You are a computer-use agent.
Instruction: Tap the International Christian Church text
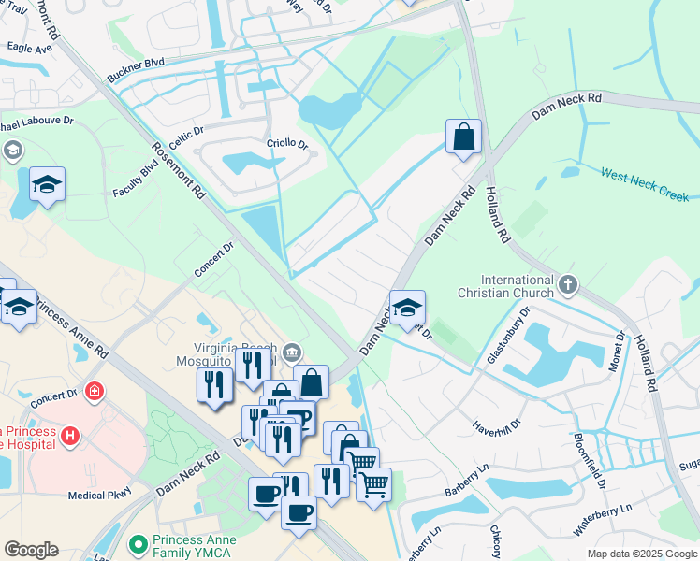coord(518,286)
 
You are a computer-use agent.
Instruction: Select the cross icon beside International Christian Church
coord(567,283)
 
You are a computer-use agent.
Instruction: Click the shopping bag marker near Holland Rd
coord(463,138)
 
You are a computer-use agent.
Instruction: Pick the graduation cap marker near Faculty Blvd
coord(47,184)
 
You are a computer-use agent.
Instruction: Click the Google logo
coord(31,549)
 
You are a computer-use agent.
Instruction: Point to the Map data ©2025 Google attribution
coord(641,554)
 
